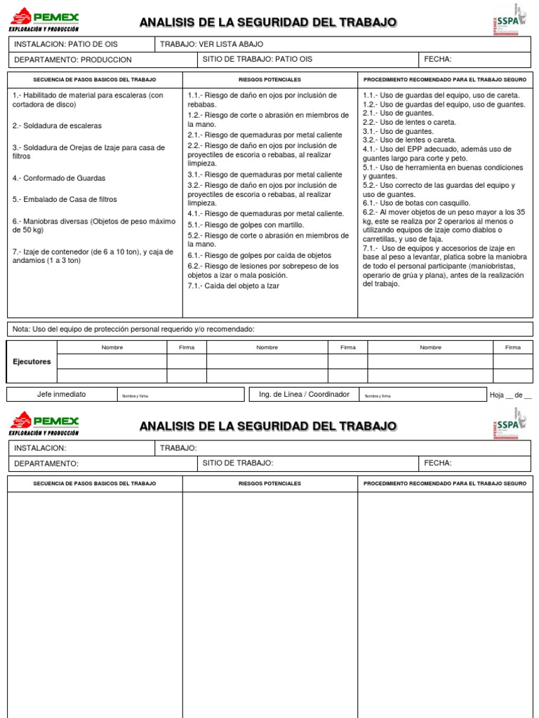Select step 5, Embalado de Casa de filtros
65,200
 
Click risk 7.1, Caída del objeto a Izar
233,286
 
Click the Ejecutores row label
32,362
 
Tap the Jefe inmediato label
61,395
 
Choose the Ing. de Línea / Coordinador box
304,395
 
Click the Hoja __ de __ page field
510,395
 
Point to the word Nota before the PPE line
22,329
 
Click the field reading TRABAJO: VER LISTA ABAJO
212,44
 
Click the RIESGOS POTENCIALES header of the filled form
269,80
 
